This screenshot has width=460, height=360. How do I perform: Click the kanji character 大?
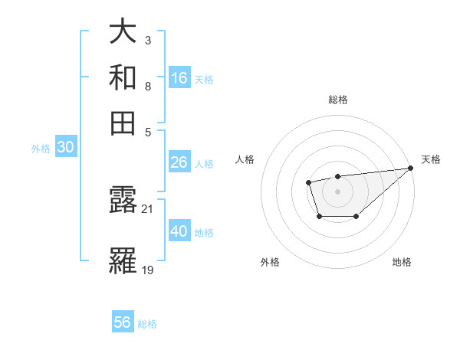coord(123,32)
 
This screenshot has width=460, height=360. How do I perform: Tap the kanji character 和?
coord(123,77)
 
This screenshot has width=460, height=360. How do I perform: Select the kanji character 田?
coord(123,123)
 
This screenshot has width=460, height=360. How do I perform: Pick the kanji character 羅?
coord(123,260)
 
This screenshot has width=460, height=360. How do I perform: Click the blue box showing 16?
coord(179,78)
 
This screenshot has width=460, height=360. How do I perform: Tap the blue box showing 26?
coord(179,162)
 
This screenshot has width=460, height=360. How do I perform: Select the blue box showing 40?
coord(179,231)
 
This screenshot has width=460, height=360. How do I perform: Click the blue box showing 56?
coord(123,322)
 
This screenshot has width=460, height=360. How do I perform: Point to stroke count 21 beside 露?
coord(148,208)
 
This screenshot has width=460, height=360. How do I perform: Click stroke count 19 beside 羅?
coord(148,269)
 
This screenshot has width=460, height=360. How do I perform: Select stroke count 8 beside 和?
coord(147,85)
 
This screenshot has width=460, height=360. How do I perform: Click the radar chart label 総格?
coord(337,100)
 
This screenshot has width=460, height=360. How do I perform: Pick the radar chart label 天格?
coord(431,159)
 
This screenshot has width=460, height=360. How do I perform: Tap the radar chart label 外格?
coord(270,262)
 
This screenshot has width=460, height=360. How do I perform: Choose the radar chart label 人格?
coord(245,159)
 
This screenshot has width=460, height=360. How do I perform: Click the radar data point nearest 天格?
coord(411,169)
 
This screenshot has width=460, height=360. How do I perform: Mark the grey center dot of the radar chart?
coord(337,191)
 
